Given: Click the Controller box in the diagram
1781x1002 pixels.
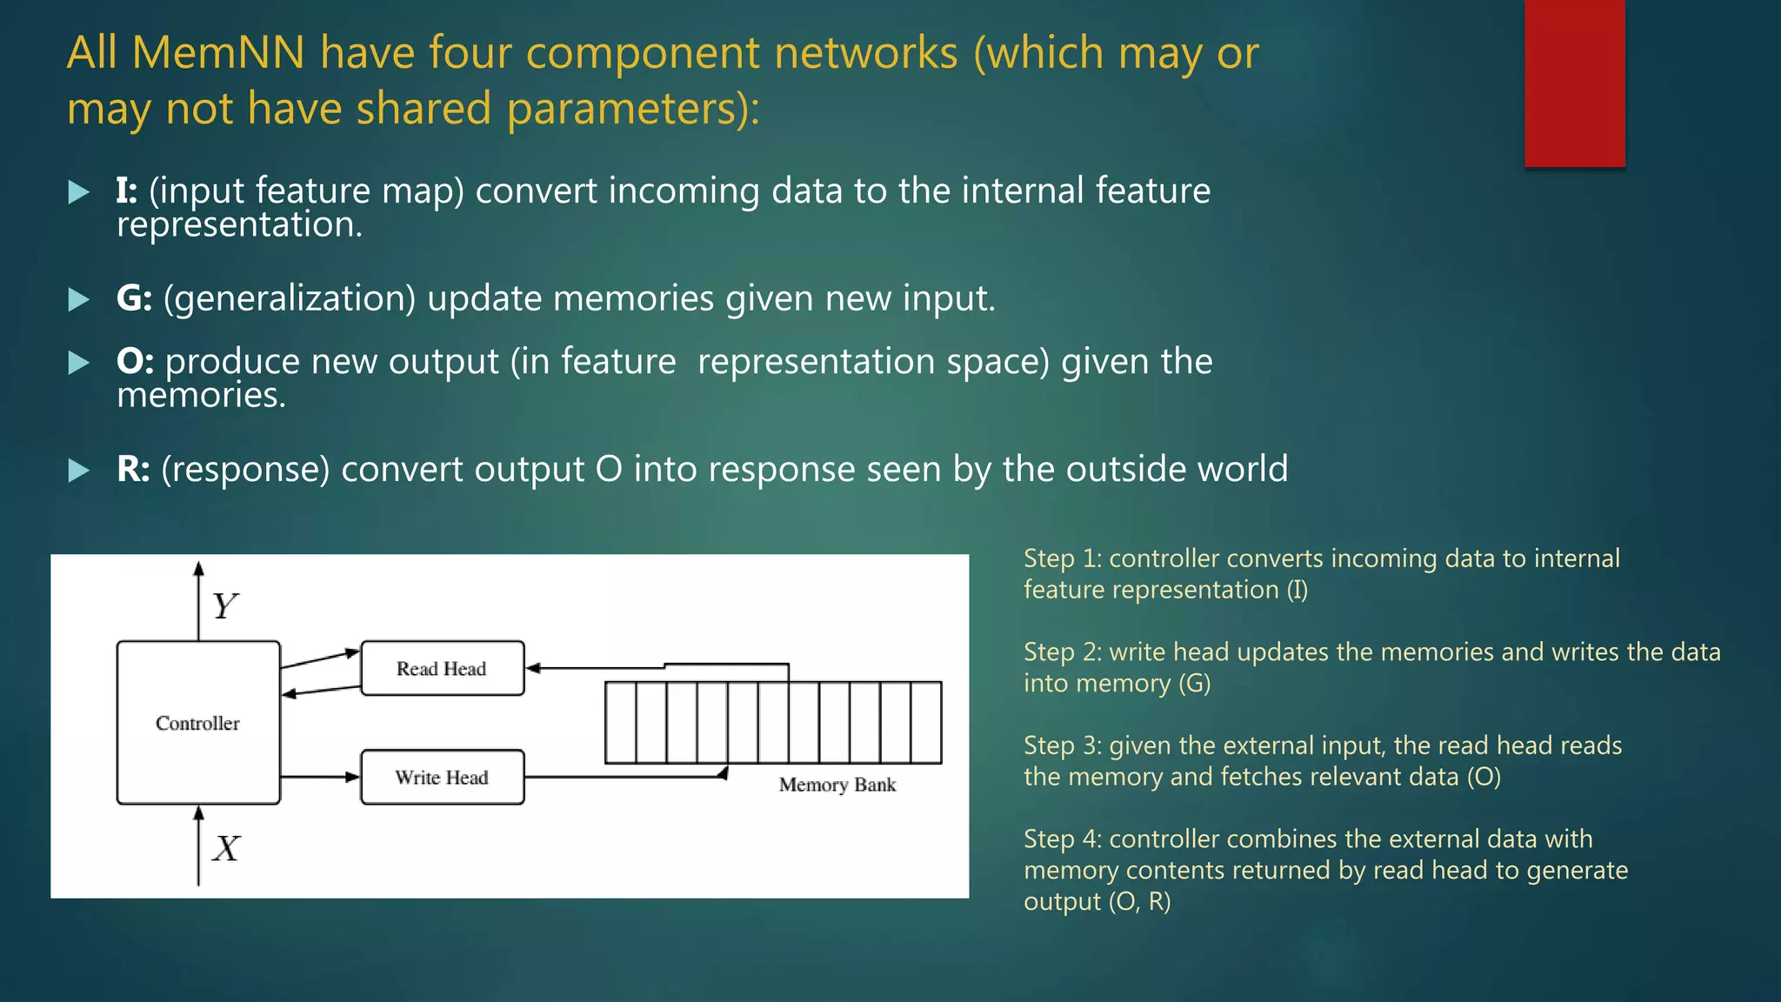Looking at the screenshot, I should (x=198, y=723).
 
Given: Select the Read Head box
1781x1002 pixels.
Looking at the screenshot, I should (x=442, y=668).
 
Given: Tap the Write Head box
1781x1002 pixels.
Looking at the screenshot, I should (x=442, y=777).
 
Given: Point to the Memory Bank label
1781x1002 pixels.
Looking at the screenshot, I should (x=837, y=785).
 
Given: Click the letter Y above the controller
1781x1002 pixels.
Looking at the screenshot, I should (x=224, y=605).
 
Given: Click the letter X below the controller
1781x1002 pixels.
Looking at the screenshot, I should (x=226, y=848).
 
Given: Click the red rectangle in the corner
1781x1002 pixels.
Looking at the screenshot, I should (x=1574, y=83).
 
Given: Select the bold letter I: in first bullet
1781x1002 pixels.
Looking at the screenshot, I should (x=127, y=190).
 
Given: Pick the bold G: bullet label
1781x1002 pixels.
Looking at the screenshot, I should (x=134, y=298).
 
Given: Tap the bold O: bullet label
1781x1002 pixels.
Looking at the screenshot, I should (x=135, y=361).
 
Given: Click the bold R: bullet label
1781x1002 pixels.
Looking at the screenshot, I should (x=133, y=469).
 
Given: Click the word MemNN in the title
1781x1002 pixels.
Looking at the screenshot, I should (x=218, y=53).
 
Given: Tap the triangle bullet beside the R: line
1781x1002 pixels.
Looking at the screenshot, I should (x=78, y=471).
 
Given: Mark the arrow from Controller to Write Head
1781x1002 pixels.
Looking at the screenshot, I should (x=319, y=777).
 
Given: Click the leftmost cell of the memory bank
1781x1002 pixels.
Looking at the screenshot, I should (x=620, y=722).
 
